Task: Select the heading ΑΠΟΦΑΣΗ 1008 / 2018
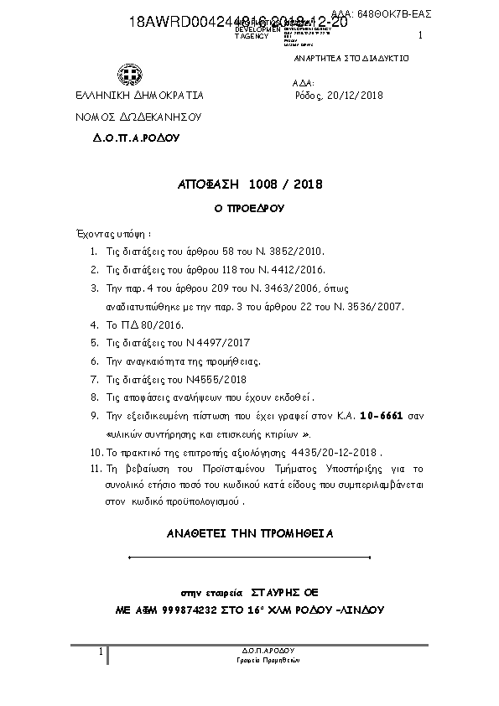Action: (x=250, y=184)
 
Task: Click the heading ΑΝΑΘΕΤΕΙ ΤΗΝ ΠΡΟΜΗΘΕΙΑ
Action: (x=251, y=533)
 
